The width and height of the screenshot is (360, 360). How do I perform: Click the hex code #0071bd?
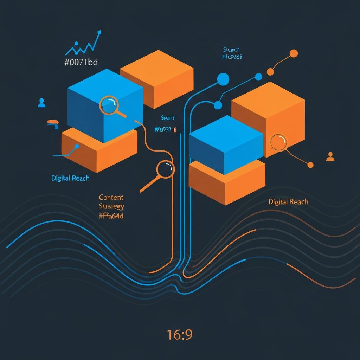(x=81, y=63)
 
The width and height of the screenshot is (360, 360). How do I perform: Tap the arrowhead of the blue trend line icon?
(x=99, y=32)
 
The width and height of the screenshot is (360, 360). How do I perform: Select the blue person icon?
(x=41, y=103)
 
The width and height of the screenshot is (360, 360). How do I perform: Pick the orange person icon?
(x=330, y=156)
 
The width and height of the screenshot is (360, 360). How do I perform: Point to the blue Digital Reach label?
(x=70, y=178)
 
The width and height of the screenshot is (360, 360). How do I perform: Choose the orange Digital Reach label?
(x=288, y=202)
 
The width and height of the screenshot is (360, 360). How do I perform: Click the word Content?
(x=111, y=198)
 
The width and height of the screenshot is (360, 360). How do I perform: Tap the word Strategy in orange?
(x=111, y=206)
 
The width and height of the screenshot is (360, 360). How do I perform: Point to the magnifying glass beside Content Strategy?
(x=165, y=169)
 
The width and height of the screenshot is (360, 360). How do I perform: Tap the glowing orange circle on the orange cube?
(x=278, y=142)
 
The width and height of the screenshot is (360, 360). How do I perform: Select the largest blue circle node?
(x=223, y=79)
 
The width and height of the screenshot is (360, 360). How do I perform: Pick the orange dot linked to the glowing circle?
(x=310, y=165)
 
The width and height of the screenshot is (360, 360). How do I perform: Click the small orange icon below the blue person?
(x=53, y=123)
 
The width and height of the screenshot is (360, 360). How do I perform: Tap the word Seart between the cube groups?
(x=168, y=118)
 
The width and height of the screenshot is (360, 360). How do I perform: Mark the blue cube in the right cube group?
(x=226, y=144)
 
